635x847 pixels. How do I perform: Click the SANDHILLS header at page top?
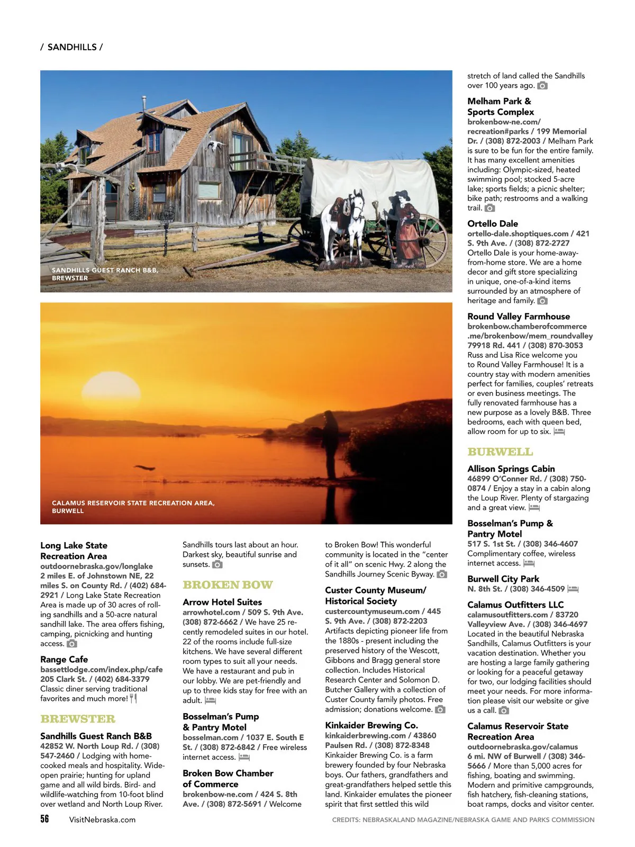(x=72, y=47)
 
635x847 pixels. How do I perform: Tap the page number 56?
(x=44, y=818)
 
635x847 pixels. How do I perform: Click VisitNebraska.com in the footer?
(x=102, y=819)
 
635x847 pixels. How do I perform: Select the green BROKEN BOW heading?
(x=228, y=585)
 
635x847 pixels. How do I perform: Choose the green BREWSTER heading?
(x=78, y=719)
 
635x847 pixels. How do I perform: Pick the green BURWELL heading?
(x=500, y=452)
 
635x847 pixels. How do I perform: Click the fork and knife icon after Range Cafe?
(x=133, y=698)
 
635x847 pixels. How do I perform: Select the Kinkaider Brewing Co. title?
(x=371, y=725)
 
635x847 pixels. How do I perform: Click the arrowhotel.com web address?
(x=211, y=612)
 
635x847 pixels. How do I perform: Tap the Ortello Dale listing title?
(x=493, y=223)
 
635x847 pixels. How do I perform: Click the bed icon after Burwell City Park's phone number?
(x=573, y=589)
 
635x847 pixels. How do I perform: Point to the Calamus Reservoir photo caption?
(x=133, y=507)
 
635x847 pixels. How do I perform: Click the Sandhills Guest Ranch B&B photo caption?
(x=105, y=274)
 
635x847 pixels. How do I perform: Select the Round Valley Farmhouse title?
(x=519, y=316)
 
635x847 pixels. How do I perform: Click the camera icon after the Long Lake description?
(x=72, y=644)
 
